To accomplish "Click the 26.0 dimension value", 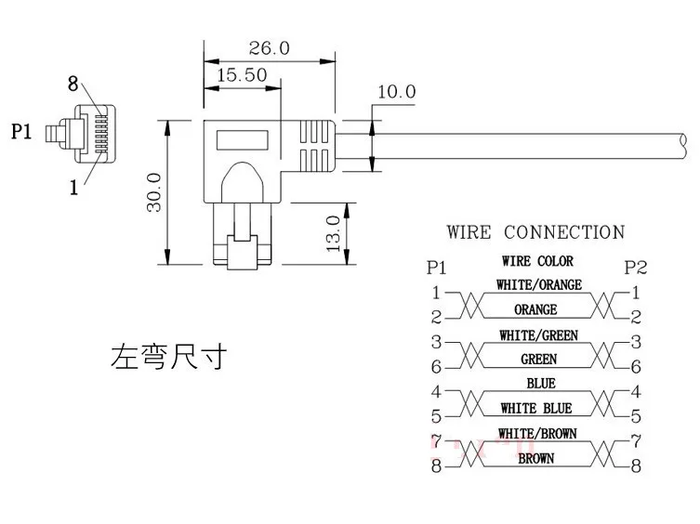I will (270, 47).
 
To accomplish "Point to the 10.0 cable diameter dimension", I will (396, 92).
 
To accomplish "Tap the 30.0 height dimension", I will (154, 192).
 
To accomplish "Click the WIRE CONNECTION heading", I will (535, 232).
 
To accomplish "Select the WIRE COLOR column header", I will (537, 262).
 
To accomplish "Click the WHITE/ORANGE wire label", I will (539, 285).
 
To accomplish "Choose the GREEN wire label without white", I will (539, 360).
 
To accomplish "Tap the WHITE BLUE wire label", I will (536, 409).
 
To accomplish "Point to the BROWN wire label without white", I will (536, 458).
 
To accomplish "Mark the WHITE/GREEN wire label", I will (537, 335).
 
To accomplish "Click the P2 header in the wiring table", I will (636, 268).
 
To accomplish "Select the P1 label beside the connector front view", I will (22, 132).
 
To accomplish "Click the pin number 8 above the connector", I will (73, 85).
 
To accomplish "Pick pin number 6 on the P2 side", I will (636, 368).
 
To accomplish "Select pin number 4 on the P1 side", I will (435, 392).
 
